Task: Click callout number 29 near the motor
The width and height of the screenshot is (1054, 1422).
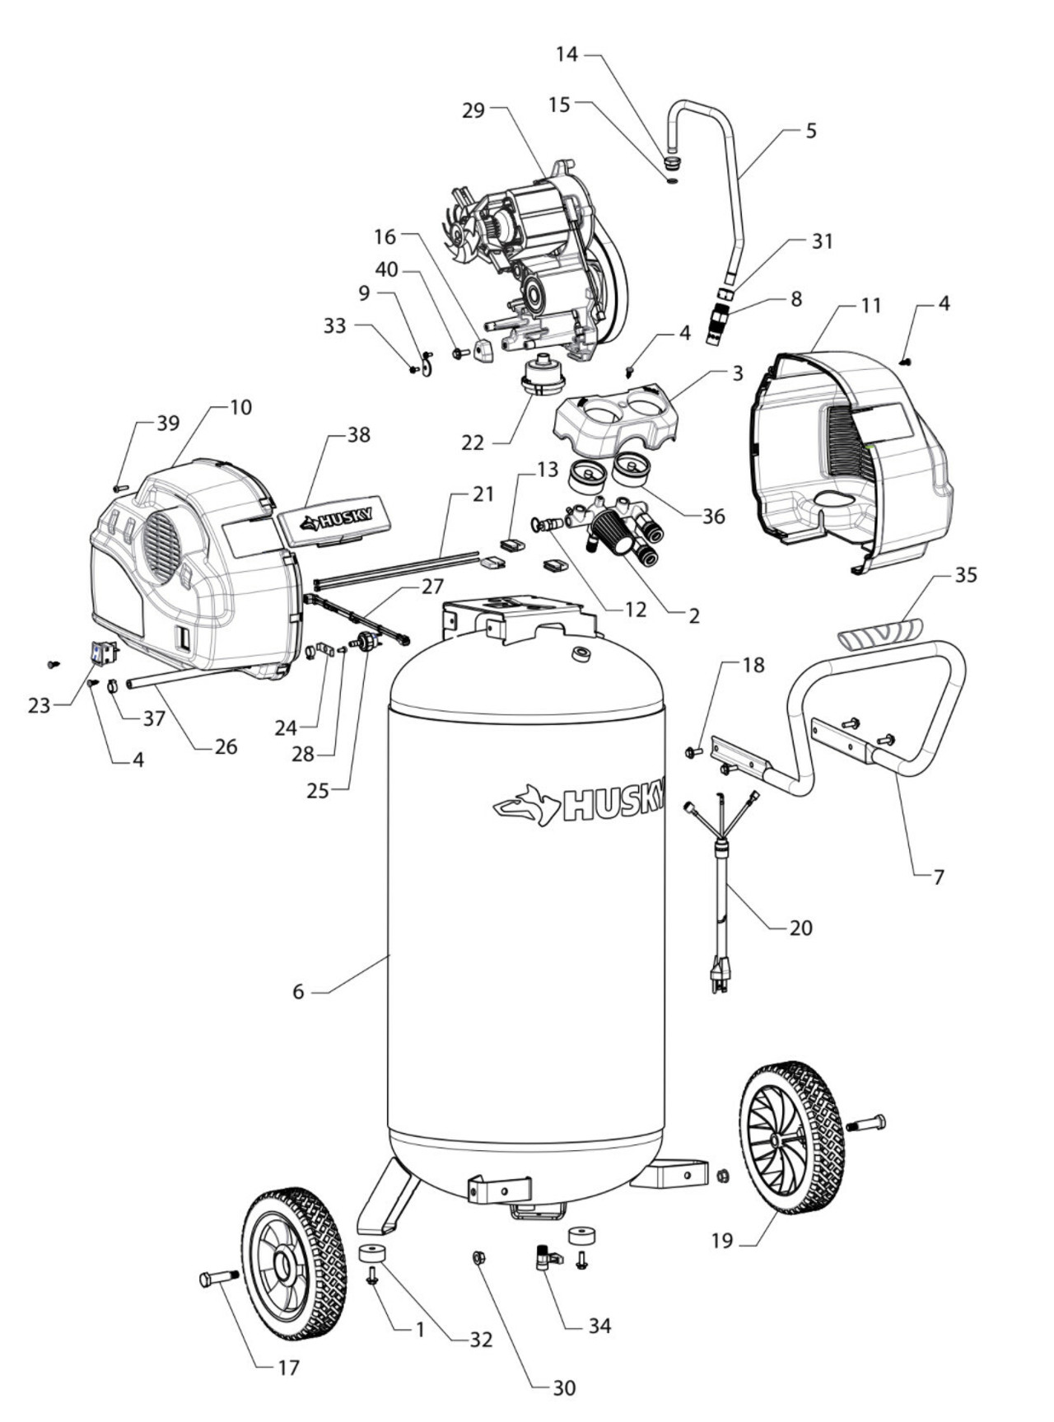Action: [473, 110]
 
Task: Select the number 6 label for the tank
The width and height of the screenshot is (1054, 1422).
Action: [298, 992]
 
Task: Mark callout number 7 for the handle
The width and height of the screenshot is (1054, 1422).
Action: [938, 876]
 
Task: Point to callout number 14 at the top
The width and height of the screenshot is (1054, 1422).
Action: [567, 54]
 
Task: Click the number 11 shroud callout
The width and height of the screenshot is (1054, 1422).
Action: [871, 306]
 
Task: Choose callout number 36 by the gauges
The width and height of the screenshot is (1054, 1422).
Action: [713, 517]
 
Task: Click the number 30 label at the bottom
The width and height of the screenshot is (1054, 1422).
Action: [564, 1388]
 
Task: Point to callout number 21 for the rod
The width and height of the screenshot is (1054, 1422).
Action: [483, 494]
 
